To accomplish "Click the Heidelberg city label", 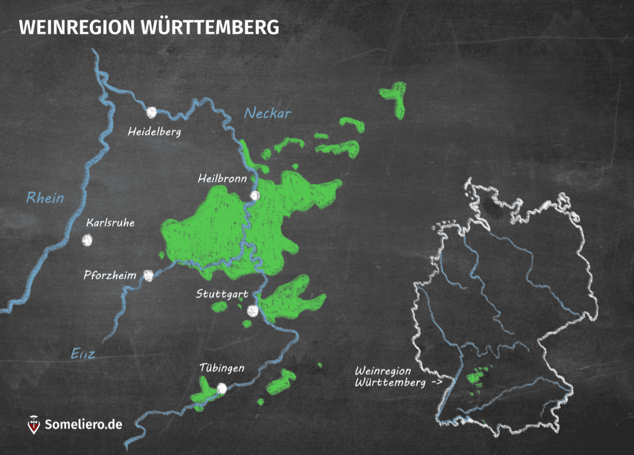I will coord(154,132).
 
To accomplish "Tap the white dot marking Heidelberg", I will coord(152,112).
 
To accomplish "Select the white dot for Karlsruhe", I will coord(87,240).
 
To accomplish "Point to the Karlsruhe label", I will coord(110,223).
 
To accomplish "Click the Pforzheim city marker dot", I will coord(148,276).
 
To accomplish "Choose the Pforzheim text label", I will coord(110,276).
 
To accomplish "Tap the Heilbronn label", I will coord(222,179).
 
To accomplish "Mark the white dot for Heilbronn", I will coord(255,196).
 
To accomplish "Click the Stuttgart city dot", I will coord(253,310).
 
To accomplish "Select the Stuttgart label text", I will coord(222,294).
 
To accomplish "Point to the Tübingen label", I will coord(222,368).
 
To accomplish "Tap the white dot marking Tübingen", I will coord(222,388).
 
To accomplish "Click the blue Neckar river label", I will coord(268,113).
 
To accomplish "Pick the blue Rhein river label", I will coord(45,198).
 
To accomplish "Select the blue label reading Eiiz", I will coord(83,354).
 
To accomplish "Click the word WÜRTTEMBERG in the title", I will coord(210,28).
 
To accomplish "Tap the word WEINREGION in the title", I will coord(77,28).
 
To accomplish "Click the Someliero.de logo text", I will coord(83,424).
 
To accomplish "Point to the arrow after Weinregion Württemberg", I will coord(437,383).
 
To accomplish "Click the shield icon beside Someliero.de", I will coord(34,425).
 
